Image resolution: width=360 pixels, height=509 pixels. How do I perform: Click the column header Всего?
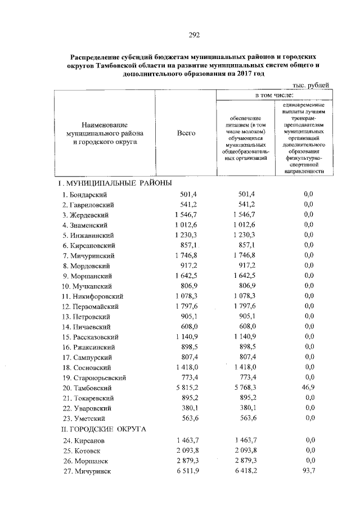(186, 133)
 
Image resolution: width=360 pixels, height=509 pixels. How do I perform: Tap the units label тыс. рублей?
(310, 85)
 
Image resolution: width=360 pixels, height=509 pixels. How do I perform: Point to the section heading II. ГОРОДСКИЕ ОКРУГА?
(103, 429)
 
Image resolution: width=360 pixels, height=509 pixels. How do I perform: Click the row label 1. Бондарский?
(85, 195)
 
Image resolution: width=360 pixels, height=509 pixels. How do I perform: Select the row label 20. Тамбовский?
(88, 388)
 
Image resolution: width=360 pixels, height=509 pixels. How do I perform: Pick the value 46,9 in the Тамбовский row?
(308, 388)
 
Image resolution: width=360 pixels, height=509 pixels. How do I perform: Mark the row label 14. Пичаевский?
(88, 327)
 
